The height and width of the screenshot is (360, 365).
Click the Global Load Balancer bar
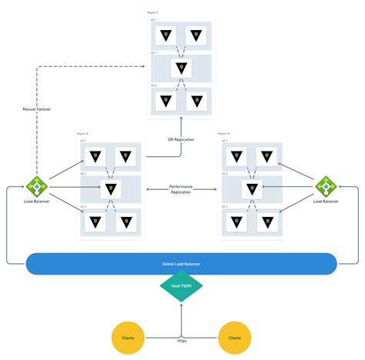pos(182,263)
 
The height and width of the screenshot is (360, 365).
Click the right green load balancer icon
pos(326,186)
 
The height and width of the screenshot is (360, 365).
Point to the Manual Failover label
pos(36,109)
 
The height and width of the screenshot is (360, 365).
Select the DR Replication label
pos(181,139)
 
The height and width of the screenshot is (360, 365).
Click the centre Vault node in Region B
pos(252,188)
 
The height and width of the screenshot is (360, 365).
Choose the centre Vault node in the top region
pos(182,68)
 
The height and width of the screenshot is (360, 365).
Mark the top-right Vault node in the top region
pos(198,35)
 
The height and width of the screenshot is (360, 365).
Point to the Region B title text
pos(224,134)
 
